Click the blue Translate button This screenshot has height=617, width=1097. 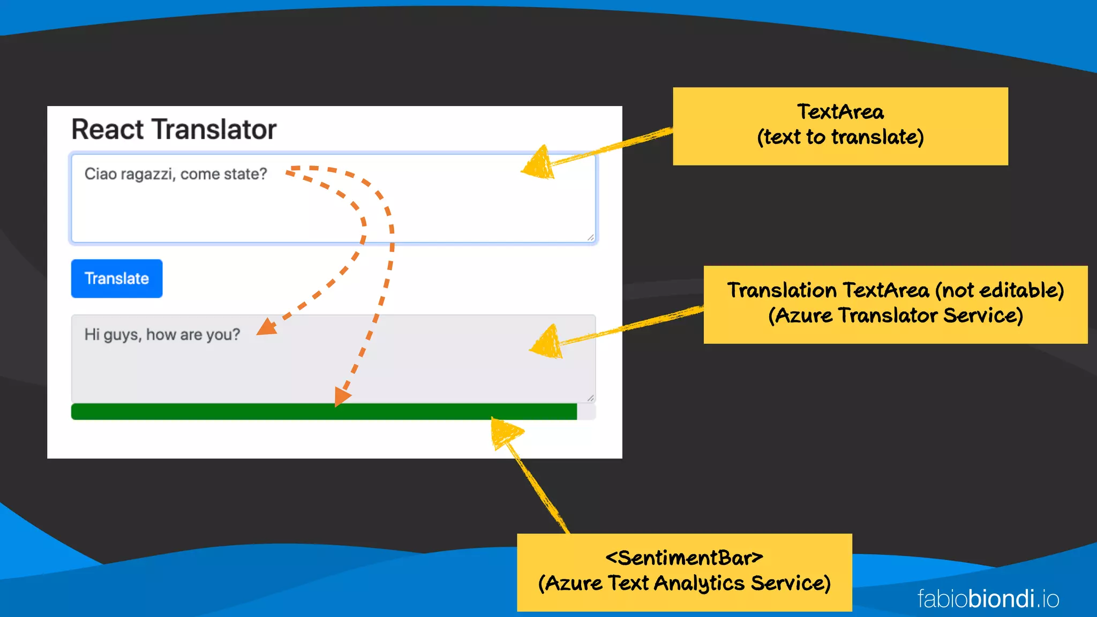click(x=117, y=279)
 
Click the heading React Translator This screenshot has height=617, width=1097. click(x=174, y=130)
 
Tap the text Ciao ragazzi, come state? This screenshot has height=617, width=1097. click(x=176, y=174)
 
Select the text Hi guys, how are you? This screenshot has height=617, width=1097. click(x=162, y=335)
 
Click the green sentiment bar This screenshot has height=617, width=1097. click(x=321, y=411)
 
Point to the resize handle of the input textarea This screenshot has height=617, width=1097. click(x=590, y=237)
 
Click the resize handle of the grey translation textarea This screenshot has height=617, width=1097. click(x=590, y=398)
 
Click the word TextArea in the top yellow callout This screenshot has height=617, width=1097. click(x=840, y=112)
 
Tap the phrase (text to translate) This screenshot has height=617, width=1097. click(x=840, y=137)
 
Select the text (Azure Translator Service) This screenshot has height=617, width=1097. click(x=896, y=315)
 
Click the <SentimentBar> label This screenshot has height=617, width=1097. click(x=684, y=558)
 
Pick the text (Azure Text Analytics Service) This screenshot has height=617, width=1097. click(x=684, y=583)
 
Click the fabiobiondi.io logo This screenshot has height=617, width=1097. click(x=988, y=599)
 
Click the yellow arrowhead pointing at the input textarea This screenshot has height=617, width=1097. click(x=538, y=163)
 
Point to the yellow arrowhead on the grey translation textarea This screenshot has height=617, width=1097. click(x=547, y=343)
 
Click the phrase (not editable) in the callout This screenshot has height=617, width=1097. click(x=1000, y=290)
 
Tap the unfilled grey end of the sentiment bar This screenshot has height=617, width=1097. click(x=586, y=411)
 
